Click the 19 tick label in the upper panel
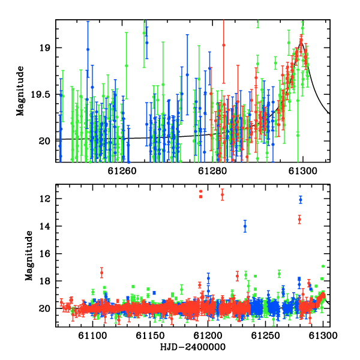pyautogui.click(x=44, y=48)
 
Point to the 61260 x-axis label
pyautogui.click(x=122, y=171)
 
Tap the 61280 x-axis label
pyautogui.click(x=212, y=171)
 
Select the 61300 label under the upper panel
pyautogui.click(x=303, y=171)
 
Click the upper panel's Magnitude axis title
pyautogui.click(x=20, y=91)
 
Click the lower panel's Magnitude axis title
pyautogui.click(x=29, y=256)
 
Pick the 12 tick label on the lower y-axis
pyautogui.click(x=44, y=199)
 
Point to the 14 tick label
pyautogui.click(x=44, y=226)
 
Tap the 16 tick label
pyautogui.click(x=44, y=254)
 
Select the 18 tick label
pyautogui.click(x=44, y=281)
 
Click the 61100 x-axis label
pyautogui.click(x=92, y=335)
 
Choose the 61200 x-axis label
pyautogui.click(x=208, y=335)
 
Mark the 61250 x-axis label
pyautogui.click(x=265, y=335)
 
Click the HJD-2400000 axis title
pyautogui.click(x=193, y=347)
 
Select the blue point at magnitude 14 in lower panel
pyautogui.click(x=245, y=226)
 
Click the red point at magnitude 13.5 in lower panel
pyautogui.click(x=299, y=220)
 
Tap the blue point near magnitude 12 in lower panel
pyautogui.click(x=301, y=200)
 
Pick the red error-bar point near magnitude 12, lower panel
pyautogui.click(x=222, y=194)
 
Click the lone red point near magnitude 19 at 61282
pyautogui.click(x=224, y=45)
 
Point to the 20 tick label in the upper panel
pyautogui.click(x=44, y=141)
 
